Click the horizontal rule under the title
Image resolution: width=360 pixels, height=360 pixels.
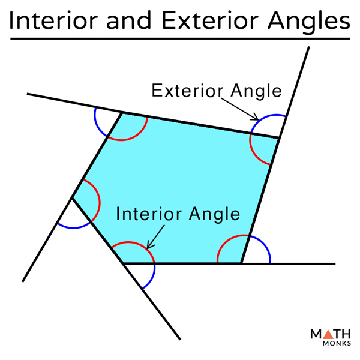[180, 39]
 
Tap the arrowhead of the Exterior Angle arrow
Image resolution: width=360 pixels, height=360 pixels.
[256, 118]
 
